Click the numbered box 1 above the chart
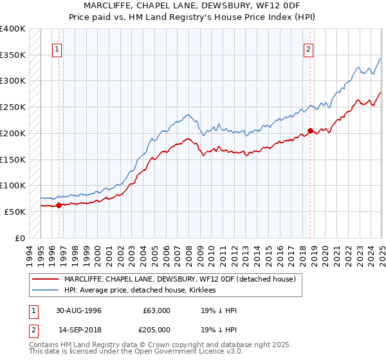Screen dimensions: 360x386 click(57, 49)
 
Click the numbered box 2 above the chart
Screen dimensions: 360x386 click(308, 49)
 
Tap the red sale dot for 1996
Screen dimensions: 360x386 click(59, 206)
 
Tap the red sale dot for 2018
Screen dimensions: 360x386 click(310, 131)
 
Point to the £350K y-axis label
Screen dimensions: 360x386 click(12, 55)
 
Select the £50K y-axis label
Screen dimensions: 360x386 click(15, 212)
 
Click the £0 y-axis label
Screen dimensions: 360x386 click(20, 238)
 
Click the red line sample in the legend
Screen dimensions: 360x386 click(45, 279)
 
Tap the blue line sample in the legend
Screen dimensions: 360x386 click(45, 291)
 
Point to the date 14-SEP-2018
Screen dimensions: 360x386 click(78, 330)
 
